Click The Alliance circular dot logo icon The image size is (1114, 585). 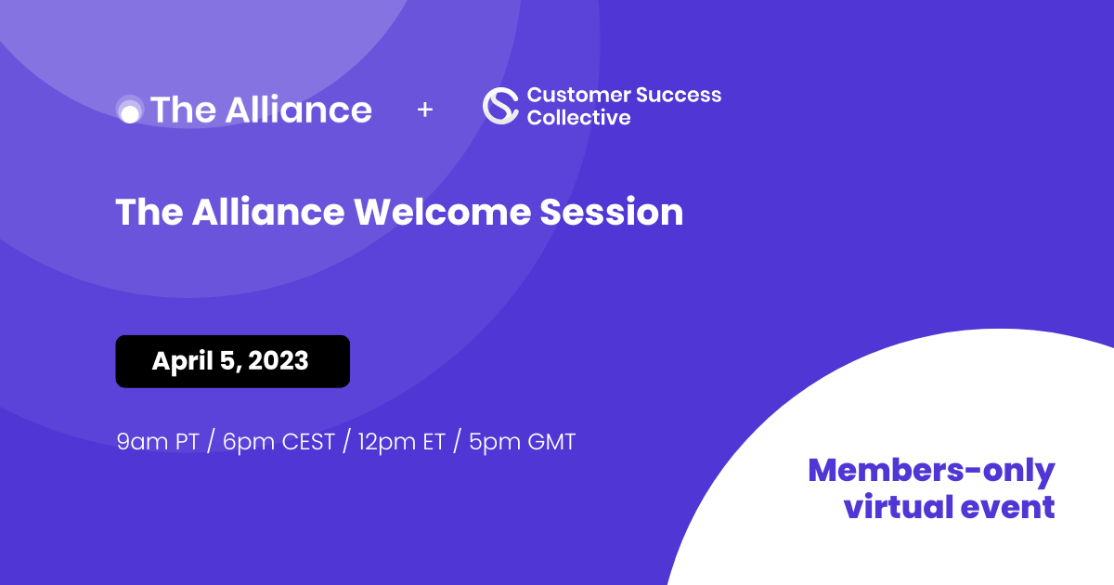[x=130, y=110]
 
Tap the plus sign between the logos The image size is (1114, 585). [x=425, y=110]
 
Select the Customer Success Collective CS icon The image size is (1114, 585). [x=500, y=106]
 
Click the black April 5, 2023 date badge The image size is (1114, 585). [x=232, y=361]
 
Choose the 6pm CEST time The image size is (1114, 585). [x=278, y=442]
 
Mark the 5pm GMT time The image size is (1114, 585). [x=522, y=442]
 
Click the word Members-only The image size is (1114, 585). [x=931, y=471]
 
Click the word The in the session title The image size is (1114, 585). [x=149, y=213]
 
